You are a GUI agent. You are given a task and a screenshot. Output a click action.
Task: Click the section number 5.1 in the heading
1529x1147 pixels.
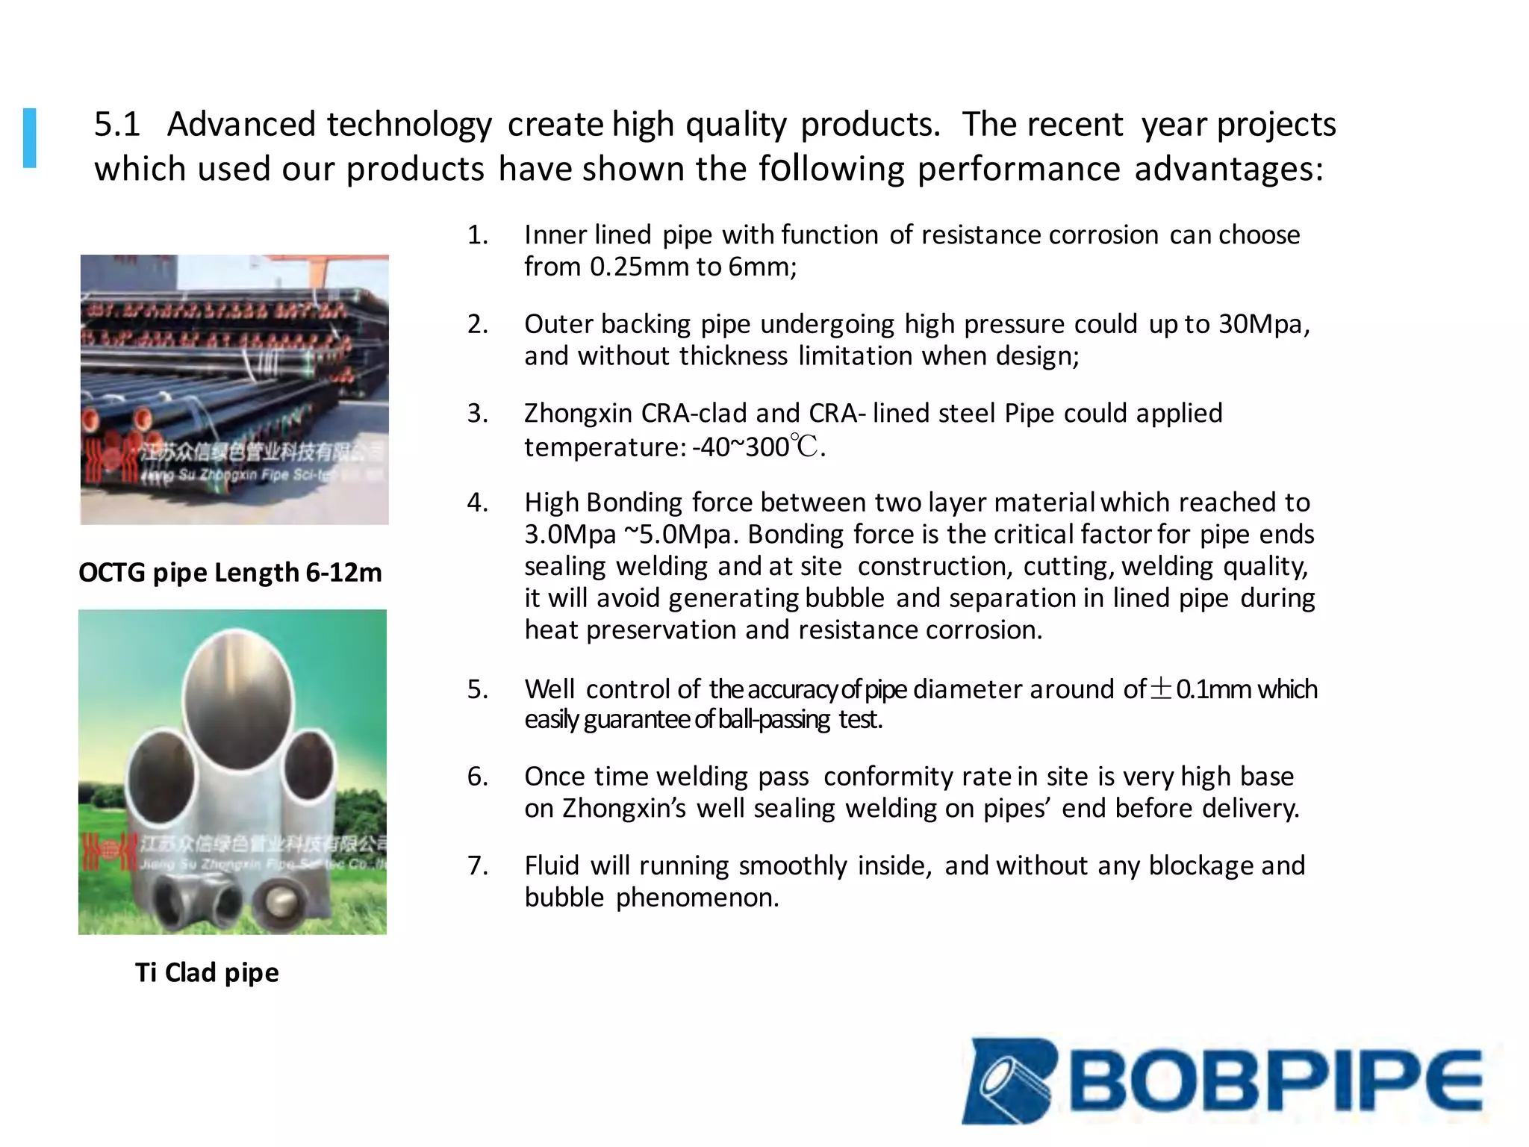(x=116, y=124)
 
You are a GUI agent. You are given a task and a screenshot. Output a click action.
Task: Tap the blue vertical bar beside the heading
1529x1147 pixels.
(x=30, y=138)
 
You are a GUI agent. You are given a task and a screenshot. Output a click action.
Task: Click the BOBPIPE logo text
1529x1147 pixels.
(x=1277, y=1081)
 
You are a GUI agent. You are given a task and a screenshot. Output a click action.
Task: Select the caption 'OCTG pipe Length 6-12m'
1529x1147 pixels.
(x=230, y=573)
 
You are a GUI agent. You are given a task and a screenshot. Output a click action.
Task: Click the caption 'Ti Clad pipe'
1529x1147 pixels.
(x=207, y=972)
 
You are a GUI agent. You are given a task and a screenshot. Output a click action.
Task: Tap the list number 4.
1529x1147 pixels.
(x=477, y=503)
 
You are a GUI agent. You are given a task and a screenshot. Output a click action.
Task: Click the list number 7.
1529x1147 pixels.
(x=477, y=865)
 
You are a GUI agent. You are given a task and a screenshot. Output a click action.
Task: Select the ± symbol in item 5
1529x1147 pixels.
(x=1161, y=688)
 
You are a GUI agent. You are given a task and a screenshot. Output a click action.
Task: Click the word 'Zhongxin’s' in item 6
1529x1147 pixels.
(x=623, y=809)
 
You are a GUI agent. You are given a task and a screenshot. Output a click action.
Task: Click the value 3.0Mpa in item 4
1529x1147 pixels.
(x=570, y=535)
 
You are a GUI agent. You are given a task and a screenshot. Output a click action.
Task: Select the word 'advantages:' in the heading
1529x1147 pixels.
(x=1228, y=169)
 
